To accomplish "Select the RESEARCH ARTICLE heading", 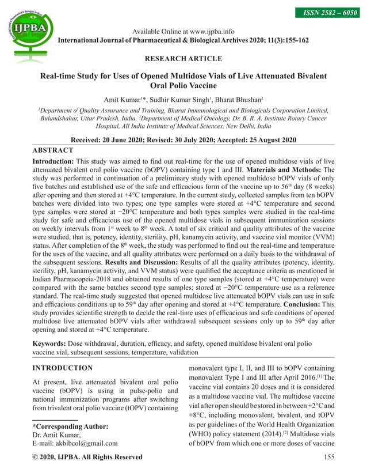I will [183, 59].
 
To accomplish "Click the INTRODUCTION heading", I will [62, 368].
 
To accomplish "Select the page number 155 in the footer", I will [327, 457].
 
